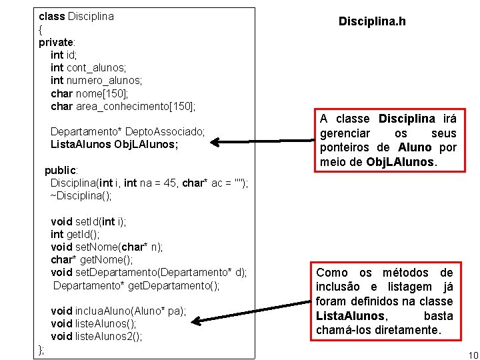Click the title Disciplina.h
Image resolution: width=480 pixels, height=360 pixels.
[372, 22]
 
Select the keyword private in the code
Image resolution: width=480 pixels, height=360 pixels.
[56, 43]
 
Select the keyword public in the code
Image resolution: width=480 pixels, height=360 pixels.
[61, 170]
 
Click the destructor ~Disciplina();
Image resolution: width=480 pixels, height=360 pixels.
[81, 196]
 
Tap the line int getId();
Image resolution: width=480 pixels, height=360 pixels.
[75, 234]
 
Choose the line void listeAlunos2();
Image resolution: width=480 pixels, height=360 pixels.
[97, 336]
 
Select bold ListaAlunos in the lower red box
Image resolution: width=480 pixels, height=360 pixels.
[350, 316]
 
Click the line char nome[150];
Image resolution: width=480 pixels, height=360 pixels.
[85, 93]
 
